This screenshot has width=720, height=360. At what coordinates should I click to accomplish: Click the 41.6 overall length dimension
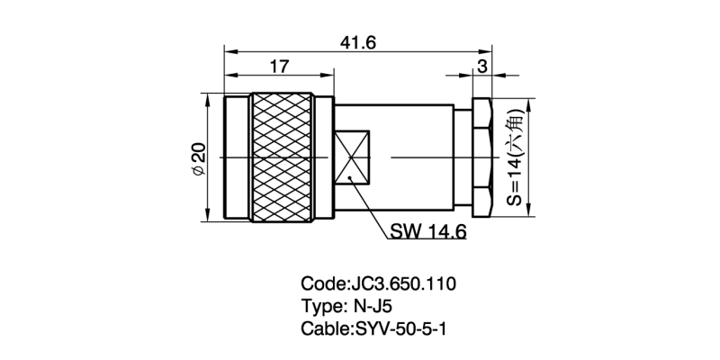point(357,42)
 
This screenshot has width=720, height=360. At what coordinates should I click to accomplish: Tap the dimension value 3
point(482,66)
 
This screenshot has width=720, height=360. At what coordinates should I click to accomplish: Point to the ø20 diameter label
point(199,158)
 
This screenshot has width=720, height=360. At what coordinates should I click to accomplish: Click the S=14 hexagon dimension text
point(515,158)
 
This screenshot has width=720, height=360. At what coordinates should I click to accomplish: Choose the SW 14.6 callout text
point(427,232)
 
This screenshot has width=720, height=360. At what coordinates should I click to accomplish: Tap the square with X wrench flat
point(352,158)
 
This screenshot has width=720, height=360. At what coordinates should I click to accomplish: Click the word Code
point(321,284)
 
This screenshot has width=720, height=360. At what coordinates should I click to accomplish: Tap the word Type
point(320,307)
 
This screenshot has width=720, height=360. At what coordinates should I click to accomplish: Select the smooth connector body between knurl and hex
point(414,158)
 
